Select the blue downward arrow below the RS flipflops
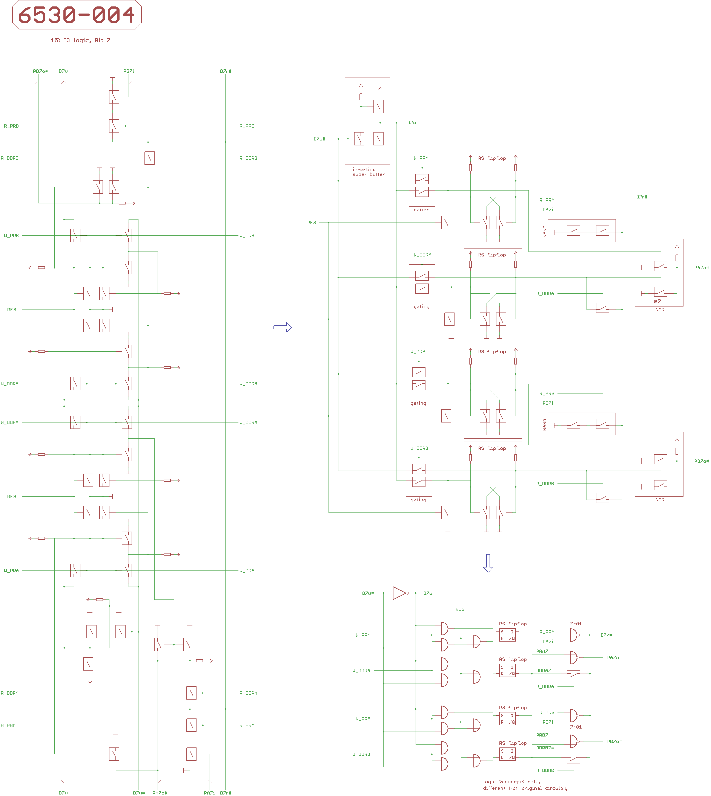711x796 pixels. [x=488, y=563]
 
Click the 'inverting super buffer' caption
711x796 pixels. [x=368, y=172]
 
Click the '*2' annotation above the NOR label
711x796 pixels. [x=658, y=301]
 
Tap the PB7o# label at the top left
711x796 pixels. [x=40, y=71]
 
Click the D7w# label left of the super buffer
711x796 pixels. [x=319, y=139]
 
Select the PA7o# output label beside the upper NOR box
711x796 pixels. [x=701, y=268]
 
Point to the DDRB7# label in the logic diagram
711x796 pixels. [x=545, y=748]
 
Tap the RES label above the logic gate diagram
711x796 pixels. [x=460, y=609]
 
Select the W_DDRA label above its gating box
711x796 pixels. [x=422, y=255]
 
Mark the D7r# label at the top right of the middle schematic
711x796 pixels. [x=642, y=197]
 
